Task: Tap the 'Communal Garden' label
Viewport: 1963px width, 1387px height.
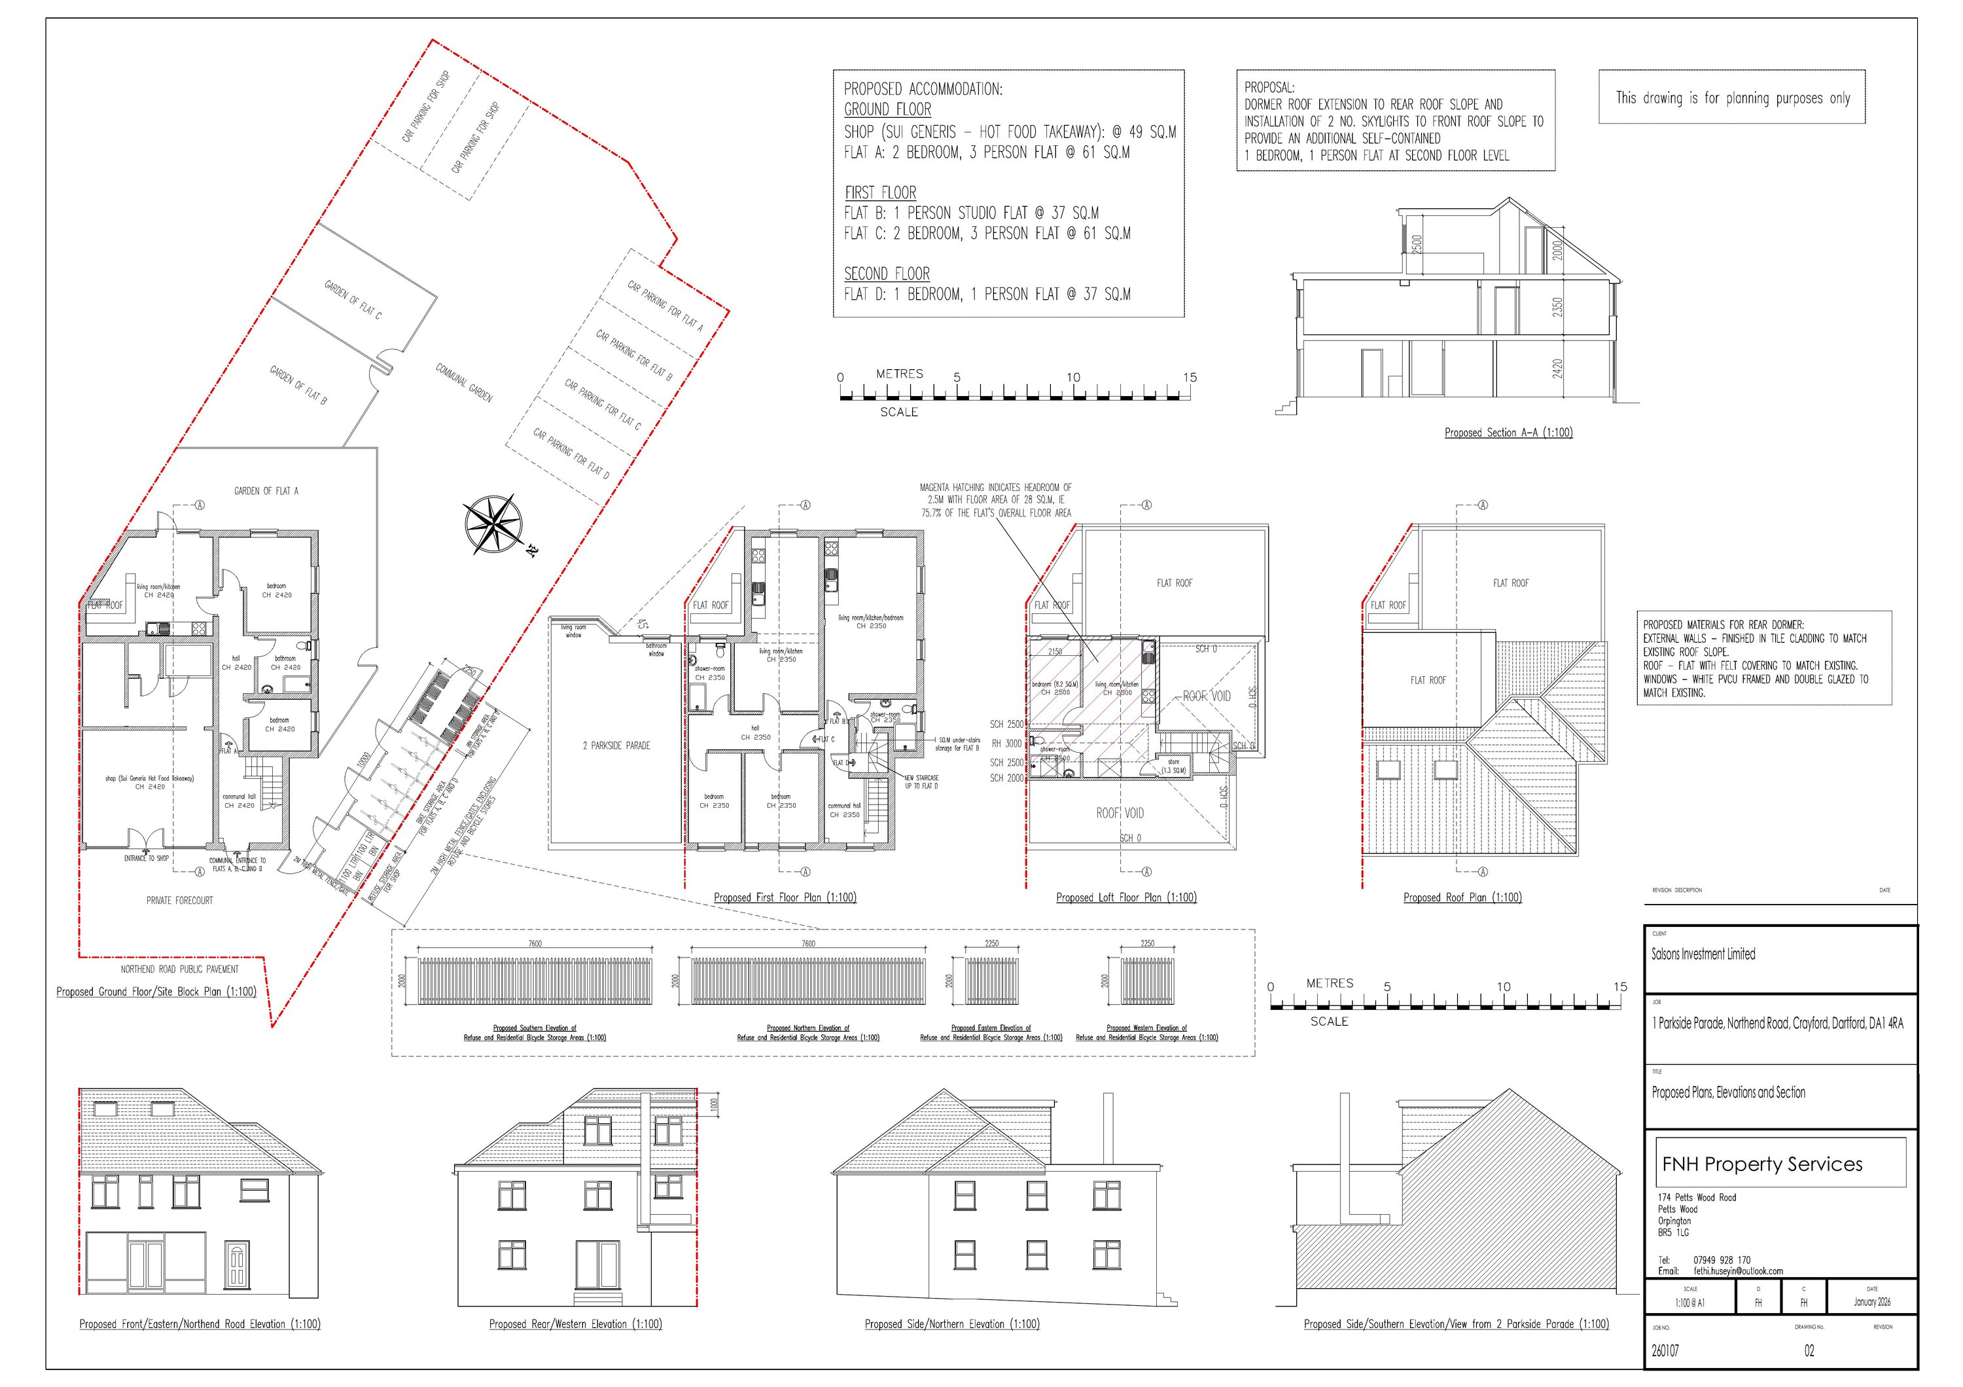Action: click(464, 382)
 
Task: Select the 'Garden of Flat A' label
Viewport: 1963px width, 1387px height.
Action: click(266, 491)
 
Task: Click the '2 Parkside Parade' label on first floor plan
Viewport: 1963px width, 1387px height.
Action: click(616, 746)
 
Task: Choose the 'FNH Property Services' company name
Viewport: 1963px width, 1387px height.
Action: click(1762, 1164)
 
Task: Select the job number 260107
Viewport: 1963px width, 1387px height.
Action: click(1665, 1351)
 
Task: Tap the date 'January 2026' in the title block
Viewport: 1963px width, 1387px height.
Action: click(1871, 1303)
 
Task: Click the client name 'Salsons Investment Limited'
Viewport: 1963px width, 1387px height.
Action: click(1703, 954)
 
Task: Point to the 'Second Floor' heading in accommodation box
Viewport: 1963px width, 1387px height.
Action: click(887, 274)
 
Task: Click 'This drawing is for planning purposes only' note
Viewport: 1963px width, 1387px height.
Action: click(1732, 98)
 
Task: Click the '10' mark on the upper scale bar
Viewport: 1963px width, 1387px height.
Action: click(1073, 377)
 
